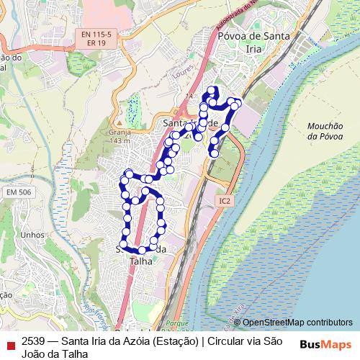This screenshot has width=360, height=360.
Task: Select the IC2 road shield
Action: coord(225,202)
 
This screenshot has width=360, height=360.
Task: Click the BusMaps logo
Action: coord(325,344)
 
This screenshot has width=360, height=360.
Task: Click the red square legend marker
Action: coord(10,343)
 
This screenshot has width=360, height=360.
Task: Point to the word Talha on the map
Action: coord(141,261)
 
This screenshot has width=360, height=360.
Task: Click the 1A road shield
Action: coord(189,96)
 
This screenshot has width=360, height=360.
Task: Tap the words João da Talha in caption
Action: coord(55,354)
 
